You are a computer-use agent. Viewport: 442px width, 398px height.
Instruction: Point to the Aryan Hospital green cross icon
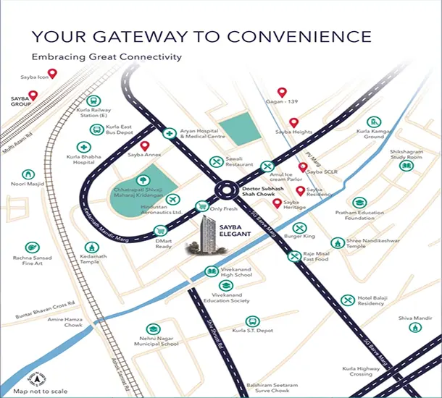tap(169, 133)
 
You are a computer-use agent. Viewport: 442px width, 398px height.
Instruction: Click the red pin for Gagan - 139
tap(283, 93)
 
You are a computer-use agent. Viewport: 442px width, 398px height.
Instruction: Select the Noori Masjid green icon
tap(28, 174)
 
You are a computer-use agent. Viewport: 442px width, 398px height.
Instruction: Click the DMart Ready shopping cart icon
tap(160, 231)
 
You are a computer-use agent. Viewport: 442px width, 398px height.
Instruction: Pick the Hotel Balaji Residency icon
tap(347, 300)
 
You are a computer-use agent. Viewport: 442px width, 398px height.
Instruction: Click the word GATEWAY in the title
tap(159, 37)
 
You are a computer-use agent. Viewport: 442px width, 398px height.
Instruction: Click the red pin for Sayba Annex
tap(144, 145)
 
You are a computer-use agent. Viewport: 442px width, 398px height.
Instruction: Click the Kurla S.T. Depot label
tap(253, 329)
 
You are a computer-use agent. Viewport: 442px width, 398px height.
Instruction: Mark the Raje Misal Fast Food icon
tap(294, 255)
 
